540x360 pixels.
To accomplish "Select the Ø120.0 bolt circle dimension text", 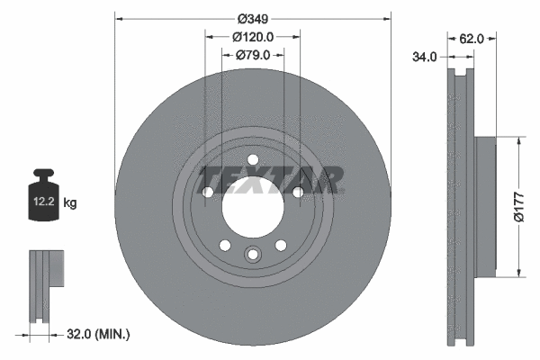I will coord(253,37).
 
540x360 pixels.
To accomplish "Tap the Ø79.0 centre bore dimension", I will coord(253,55).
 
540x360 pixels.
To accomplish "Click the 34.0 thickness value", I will coord(425,56).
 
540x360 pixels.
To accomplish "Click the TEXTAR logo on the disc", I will coord(271,179).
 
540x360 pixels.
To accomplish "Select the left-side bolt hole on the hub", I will coord(208,193).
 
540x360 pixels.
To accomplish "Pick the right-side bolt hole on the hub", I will coord(298,193).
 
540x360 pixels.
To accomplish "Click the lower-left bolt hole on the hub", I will coord(225,245).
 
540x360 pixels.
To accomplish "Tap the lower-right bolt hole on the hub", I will coord(281,245).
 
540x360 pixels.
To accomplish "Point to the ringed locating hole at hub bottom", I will coord(253,255).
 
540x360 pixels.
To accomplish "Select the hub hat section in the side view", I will coord(483,206).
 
